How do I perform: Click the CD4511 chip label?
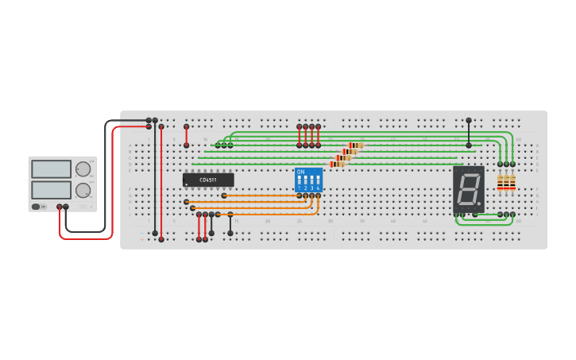207,180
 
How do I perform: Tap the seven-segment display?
469,189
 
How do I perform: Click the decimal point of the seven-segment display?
479,203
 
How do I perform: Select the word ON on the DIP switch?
300,171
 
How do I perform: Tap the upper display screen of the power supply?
51,168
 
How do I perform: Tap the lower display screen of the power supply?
51,190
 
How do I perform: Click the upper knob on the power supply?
83,168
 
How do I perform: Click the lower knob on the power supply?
83,190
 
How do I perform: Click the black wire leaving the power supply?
106,175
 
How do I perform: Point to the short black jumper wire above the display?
469,133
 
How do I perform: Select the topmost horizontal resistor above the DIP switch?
356,145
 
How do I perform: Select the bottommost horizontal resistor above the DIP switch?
337,165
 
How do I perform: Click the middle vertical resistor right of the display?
506,183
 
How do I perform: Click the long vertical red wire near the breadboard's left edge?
161,183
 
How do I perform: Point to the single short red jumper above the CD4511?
187,136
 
